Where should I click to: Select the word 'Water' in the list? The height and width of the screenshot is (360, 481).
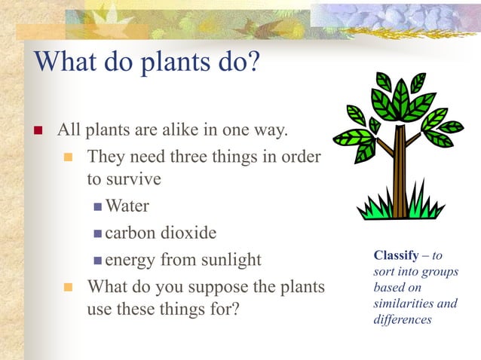pyautogui.click(x=127, y=206)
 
